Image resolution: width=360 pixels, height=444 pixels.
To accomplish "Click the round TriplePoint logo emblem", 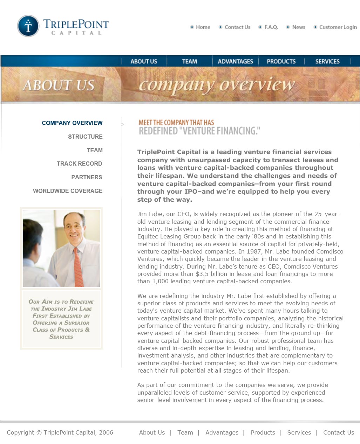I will click(x=28, y=26).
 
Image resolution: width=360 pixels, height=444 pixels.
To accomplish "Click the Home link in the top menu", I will click(x=203, y=27).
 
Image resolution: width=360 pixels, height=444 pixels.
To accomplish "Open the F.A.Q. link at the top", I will click(x=271, y=27).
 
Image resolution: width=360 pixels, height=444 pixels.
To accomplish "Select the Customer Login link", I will click(x=338, y=27).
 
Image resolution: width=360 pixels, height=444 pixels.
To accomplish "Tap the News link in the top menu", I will click(x=299, y=27).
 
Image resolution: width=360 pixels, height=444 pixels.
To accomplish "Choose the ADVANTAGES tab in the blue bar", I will click(x=235, y=62).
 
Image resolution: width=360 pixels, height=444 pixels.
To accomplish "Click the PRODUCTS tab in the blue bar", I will click(x=281, y=62).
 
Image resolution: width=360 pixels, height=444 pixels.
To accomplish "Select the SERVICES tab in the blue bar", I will click(x=327, y=62).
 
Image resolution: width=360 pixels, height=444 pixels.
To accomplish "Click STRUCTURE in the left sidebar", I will click(x=85, y=137).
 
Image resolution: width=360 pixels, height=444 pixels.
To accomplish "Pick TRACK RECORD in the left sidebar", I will click(x=80, y=164).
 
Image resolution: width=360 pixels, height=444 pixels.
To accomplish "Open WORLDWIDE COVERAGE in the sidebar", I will click(x=68, y=191).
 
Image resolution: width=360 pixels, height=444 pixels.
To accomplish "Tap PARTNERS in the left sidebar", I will click(x=87, y=177).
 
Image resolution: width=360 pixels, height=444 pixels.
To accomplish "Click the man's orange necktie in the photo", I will click(x=78, y=266).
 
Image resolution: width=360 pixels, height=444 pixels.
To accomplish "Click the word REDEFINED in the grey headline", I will click(x=158, y=131).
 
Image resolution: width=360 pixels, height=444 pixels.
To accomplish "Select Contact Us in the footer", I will click(x=339, y=432).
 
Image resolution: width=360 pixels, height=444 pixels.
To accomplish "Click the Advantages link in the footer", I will click(x=222, y=432).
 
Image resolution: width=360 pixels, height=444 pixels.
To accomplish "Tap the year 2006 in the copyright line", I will click(x=106, y=432).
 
